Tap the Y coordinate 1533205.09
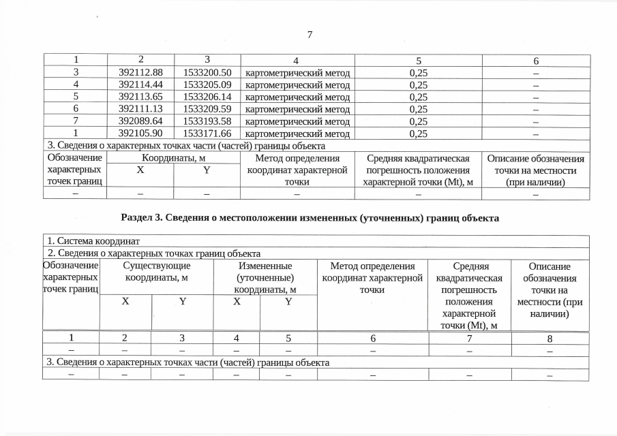click(208, 85)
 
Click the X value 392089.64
click(139, 122)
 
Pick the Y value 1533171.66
click(208, 134)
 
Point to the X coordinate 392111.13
click(139, 110)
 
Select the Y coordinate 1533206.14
click(208, 97)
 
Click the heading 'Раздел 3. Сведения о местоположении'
click(310, 218)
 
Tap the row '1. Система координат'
click(93, 241)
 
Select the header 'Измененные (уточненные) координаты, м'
click(265, 278)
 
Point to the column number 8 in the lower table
click(550, 339)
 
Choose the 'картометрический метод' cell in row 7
click(297, 122)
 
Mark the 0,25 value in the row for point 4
click(418, 85)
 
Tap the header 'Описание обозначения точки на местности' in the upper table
click(535, 170)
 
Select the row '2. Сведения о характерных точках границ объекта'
click(153, 253)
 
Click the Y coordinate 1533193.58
click(208, 122)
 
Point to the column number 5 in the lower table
click(288, 339)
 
